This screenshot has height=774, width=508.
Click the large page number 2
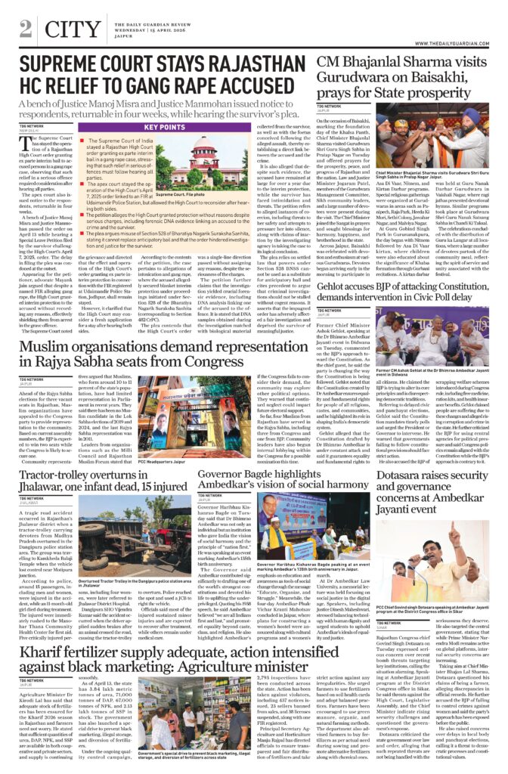point(26,28)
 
